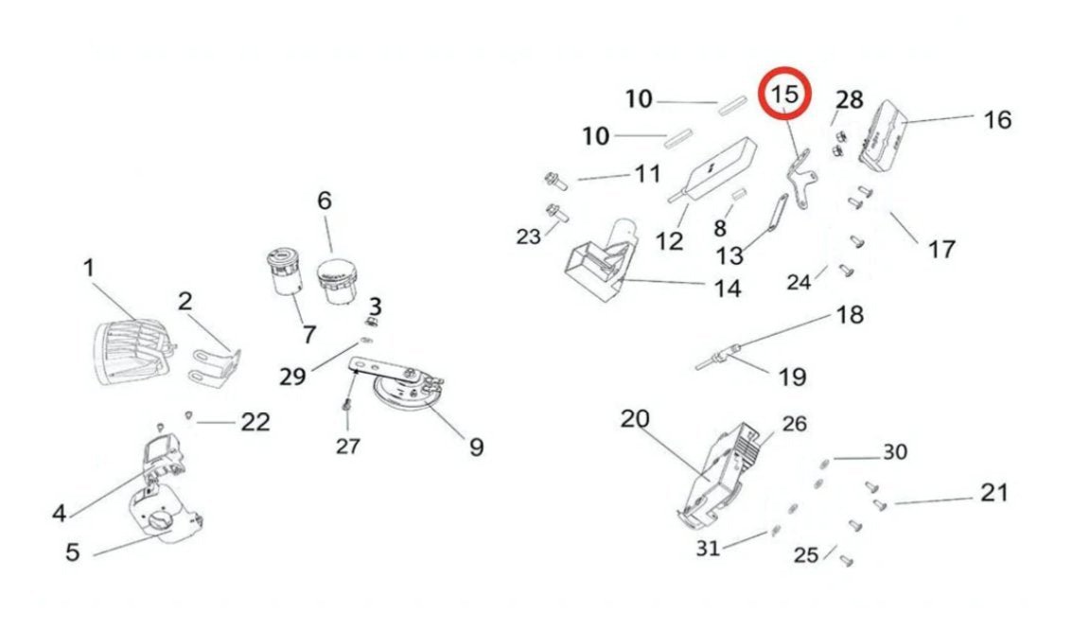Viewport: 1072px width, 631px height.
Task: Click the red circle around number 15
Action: [787, 95]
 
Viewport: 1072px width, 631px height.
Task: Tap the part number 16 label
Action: [997, 120]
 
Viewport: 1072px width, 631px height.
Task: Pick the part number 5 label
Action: [73, 552]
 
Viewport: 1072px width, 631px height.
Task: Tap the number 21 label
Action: [993, 493]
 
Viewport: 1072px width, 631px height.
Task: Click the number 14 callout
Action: [727, 289]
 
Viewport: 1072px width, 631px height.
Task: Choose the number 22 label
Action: [255, 422]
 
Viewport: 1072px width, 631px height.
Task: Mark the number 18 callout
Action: [851, 314]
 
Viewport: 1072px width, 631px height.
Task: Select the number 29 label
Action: [292, 376]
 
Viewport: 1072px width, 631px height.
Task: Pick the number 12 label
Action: [669, 240]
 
